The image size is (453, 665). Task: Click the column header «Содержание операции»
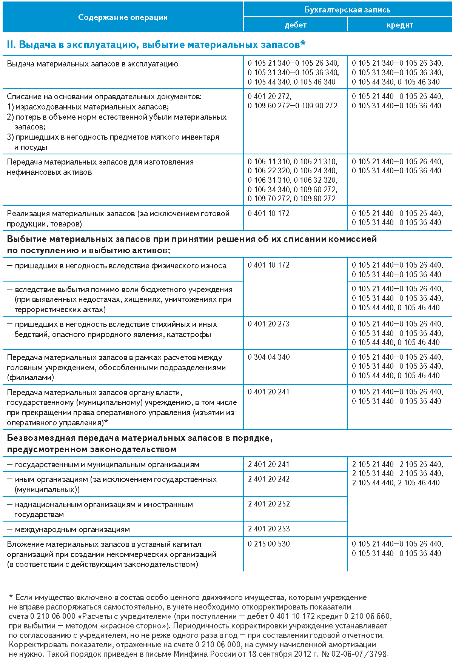[123, 17]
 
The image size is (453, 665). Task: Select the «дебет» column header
[296, 25]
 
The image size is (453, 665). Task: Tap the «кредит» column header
[400, 25]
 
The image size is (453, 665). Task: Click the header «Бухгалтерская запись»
[347, 10]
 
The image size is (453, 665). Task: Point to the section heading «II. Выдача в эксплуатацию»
[156, 45]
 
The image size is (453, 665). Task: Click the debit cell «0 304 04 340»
[269, 357]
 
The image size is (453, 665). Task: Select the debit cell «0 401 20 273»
[269, 324]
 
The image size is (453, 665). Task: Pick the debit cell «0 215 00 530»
[269, 544]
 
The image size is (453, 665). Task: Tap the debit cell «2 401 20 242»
[269, 479]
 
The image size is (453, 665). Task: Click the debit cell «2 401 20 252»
[269, 504]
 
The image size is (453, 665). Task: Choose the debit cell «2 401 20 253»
[269, 529]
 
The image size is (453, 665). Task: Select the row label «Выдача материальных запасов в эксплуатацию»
[92, 64]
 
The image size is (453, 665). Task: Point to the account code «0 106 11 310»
[269, 162]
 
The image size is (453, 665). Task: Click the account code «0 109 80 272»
[314, 199]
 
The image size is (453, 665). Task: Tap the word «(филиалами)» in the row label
[30, 377]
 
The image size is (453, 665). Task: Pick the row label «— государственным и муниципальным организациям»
[103, 465]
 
